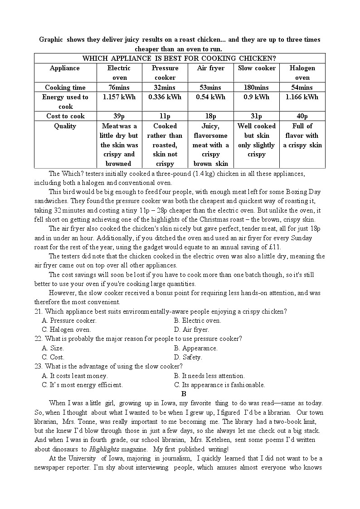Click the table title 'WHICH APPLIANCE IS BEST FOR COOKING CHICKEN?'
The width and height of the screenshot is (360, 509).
[180, 58]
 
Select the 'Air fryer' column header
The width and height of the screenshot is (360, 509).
[210, 68]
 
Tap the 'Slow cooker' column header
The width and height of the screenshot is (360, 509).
[257, 68]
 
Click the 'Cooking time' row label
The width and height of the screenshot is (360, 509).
[65, 87]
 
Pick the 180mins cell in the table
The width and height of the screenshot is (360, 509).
[257, 87]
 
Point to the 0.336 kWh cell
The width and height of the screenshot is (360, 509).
[165, 97]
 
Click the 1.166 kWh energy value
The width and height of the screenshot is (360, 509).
[302, 97]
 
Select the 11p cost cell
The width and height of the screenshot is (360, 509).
[165, 116]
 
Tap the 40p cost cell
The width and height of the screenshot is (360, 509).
[302, 116]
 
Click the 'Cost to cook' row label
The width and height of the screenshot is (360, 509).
[65, 116]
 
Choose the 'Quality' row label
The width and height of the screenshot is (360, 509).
[65, 126]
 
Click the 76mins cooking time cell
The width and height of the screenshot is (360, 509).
[118, 87]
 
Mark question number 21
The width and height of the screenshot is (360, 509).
[39, 311]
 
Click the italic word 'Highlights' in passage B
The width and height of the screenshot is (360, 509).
[103, 449]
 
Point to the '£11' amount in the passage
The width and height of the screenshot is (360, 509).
[275, 247]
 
